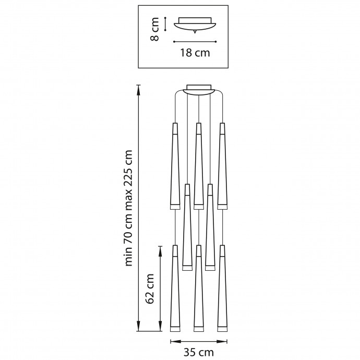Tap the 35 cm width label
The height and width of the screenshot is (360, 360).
point(199,353)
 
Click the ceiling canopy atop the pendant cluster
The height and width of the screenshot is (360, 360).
point(199,90)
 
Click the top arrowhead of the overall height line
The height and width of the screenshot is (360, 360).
point(139,88)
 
